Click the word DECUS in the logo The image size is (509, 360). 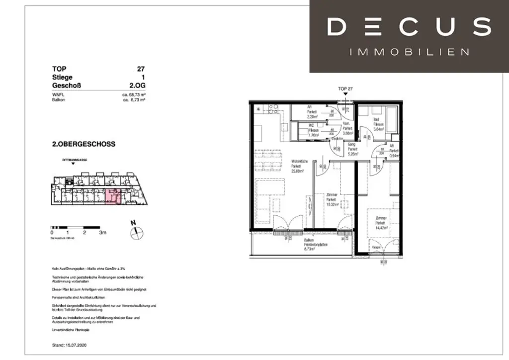pos(409,26)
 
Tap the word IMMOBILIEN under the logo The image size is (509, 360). pos(409,52)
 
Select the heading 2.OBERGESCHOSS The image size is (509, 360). pos(84,144)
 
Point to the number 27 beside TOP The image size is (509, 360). pos(141,69)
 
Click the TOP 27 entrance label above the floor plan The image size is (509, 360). pos(344,89)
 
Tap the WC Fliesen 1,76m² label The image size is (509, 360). pos(313,130)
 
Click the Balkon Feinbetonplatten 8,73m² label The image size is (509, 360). pos(312,246)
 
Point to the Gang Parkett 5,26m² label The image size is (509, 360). pos(352,150)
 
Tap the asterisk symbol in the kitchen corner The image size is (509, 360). pos(258,109)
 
